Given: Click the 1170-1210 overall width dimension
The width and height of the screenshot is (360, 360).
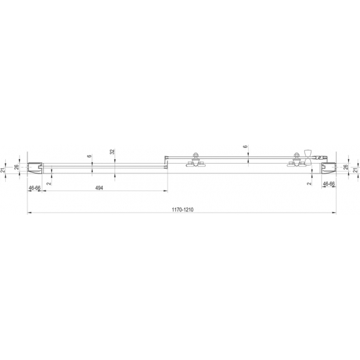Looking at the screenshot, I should pos(181,210).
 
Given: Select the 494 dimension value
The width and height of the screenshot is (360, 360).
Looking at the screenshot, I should pos(99,188).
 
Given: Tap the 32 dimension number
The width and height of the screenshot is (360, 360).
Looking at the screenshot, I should pos(113,151).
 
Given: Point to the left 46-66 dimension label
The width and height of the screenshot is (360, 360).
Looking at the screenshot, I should pos(35,188).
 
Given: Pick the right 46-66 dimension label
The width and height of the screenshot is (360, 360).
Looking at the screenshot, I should pos(329,185).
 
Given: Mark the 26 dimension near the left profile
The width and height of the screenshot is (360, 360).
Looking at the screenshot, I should pos(17,168).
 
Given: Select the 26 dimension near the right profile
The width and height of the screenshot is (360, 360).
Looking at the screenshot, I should pos(345,168).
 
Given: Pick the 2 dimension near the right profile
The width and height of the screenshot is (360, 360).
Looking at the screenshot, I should pos(309,185).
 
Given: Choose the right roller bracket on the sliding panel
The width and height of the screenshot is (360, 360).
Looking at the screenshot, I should pos(295,162).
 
